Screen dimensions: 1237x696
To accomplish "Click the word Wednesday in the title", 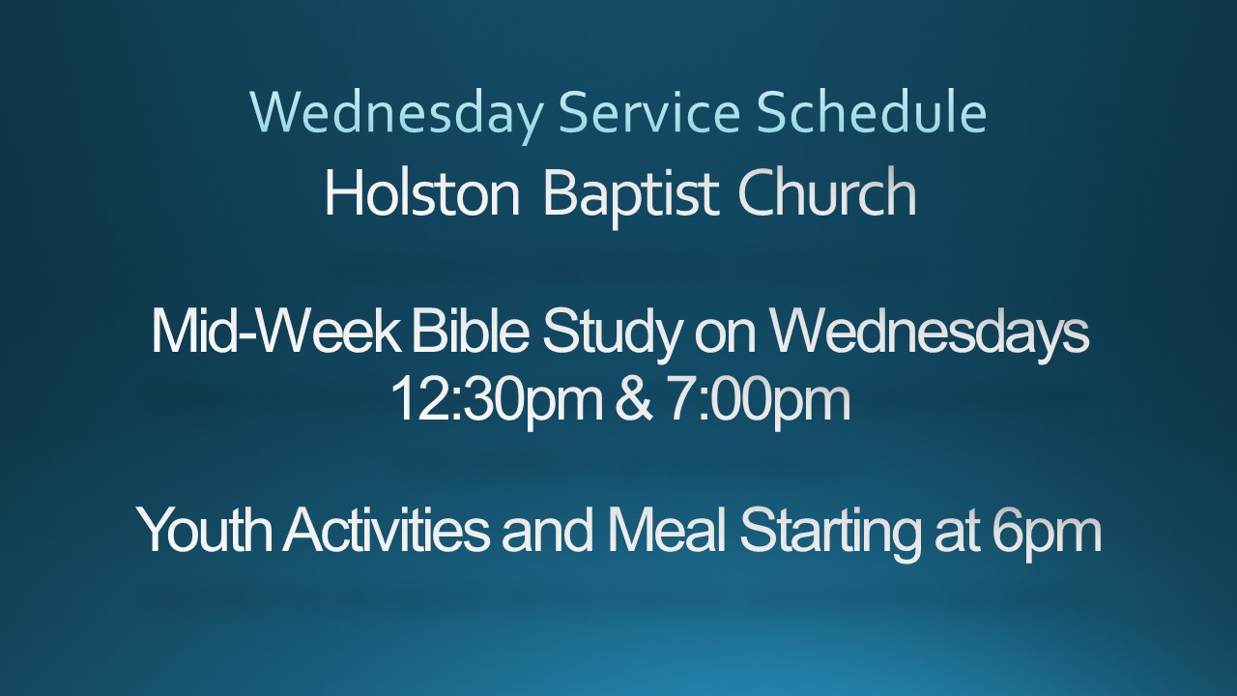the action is pyautogui.click(x=396, y=115).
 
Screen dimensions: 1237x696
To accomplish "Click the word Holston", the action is pyautogui.click(x=422, y=192).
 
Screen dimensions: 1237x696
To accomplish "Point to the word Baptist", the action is pyautogui.click(x=631, y=196).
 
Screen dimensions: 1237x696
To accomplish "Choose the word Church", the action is pyautogui.click(x=826, y=192).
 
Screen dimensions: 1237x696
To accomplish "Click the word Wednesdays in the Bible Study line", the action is pyautogui.click(x=930, y=334).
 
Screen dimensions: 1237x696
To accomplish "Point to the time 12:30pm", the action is pyautogui.click(x=497, y=402).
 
